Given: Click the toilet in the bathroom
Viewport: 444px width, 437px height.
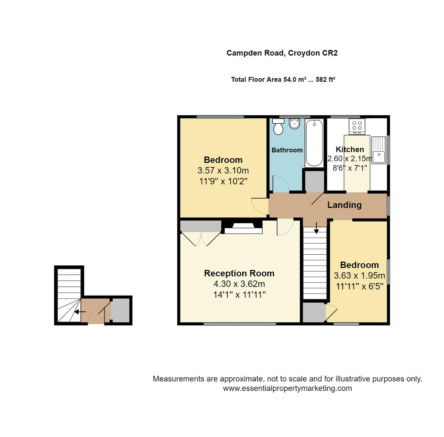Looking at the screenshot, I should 278,127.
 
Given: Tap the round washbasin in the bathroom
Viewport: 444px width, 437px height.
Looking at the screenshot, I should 294,123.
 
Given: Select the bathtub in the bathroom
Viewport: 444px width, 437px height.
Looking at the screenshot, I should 314,143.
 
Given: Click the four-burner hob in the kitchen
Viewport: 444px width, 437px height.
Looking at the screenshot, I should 357,126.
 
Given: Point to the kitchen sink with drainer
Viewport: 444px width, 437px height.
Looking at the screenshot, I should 379,150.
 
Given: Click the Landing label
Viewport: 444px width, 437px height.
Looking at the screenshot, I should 344,205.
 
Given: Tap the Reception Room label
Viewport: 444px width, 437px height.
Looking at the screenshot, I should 239,273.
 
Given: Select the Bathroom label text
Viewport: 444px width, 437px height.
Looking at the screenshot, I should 287,150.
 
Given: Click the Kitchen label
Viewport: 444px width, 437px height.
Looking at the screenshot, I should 350,149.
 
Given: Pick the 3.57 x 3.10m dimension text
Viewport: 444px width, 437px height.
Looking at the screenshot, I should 223,171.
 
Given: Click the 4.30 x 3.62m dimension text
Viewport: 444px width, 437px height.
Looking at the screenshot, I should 239,284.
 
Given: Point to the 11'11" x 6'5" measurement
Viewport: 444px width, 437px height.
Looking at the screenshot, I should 359,287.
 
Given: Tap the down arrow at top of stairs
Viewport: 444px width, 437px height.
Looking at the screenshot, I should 316,230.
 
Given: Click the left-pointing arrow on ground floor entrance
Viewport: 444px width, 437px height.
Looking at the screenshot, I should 80,312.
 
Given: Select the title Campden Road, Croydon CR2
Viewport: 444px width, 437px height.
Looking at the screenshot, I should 282,53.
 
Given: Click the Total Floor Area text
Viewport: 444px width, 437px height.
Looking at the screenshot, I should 283,79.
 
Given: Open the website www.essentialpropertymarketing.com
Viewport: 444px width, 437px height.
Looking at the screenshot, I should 287,388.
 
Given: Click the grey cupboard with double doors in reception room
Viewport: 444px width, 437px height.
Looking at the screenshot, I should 200,226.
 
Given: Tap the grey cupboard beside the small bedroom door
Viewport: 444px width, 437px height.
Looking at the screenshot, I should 314,313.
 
